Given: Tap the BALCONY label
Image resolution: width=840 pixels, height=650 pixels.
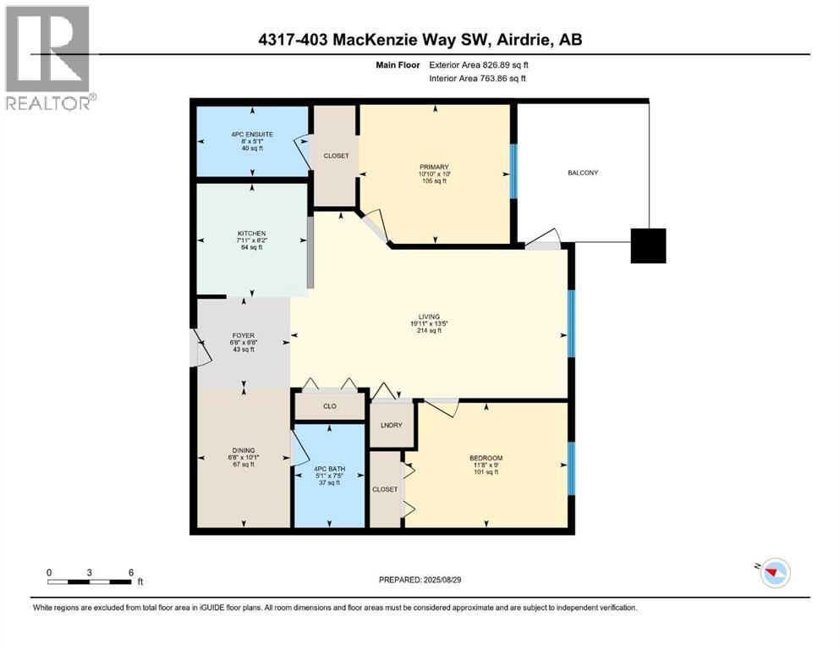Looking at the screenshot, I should (x=583, y=173).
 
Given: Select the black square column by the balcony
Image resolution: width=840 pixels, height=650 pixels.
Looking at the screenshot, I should (x=649, y=245).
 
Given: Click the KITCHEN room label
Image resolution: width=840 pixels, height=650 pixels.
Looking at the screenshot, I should (x=251, y=234).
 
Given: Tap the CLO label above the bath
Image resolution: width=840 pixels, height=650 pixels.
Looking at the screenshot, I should (x=330, y=406).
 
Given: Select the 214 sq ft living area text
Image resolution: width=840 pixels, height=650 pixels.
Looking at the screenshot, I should (x=428, y=331).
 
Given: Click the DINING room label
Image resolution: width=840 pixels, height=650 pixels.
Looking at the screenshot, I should (x=244, y=450).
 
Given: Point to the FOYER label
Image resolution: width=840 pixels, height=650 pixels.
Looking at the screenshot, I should (x=244, y=335).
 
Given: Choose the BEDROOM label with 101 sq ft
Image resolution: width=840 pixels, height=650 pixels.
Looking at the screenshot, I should (x=486, y=459).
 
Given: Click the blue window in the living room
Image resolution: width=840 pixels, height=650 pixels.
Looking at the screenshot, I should (x=571, y=322).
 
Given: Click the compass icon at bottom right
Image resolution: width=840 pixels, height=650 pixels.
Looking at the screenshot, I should (x=774, y=574).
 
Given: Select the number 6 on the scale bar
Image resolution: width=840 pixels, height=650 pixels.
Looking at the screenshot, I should (x=131, y=571).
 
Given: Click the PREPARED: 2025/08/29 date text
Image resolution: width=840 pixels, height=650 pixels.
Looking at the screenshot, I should (x=420, y=580).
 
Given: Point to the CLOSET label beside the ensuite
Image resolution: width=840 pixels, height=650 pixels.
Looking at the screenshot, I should (x=336, y=156).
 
